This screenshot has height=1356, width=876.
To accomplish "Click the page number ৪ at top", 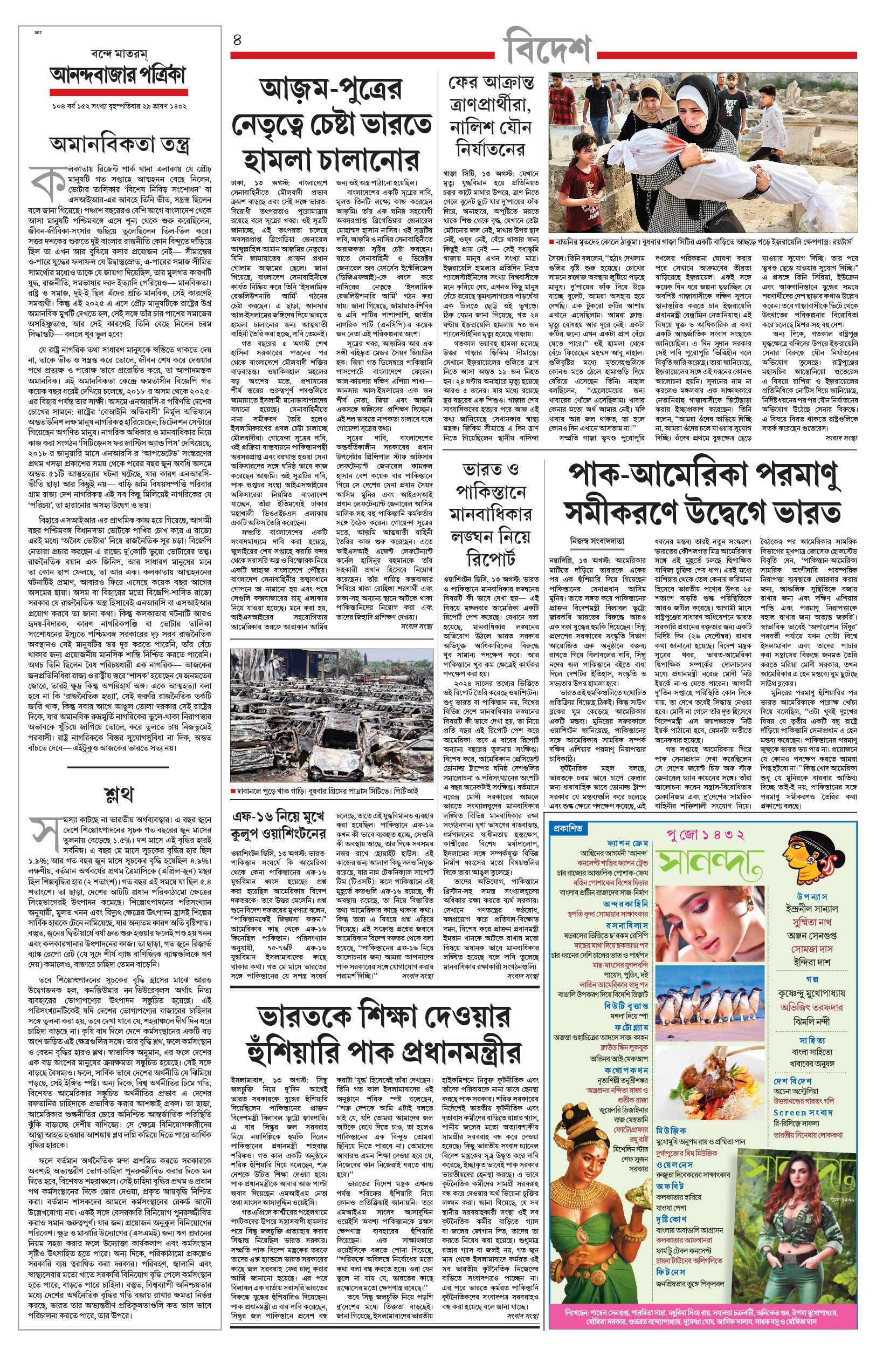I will [x=237, y=40].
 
